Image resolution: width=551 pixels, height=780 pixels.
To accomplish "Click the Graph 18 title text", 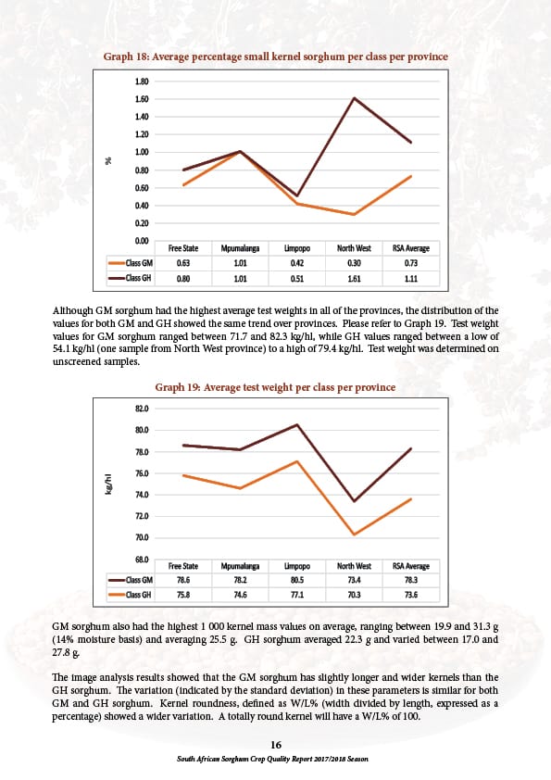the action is coord(276,57).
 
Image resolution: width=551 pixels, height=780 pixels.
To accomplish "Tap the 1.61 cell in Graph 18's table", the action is coord(354,279).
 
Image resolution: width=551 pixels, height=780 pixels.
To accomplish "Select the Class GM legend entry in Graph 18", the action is coord(131,263).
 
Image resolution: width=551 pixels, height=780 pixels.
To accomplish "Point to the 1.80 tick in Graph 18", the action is coord(142,82).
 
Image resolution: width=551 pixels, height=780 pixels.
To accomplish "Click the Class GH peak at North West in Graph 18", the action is coord(354,98).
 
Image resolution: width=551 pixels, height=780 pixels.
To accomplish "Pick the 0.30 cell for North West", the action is coord(354,263).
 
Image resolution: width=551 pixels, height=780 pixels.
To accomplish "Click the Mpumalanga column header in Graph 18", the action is coord(240,248).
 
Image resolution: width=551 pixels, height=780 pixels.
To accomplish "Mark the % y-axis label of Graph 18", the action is coord(108,160).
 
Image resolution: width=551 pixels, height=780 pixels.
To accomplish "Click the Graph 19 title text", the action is coord(275,387).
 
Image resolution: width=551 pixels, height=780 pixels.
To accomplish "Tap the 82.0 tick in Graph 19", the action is coord(142,409).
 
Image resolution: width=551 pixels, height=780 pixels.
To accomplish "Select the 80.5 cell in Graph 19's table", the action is coord(297,580).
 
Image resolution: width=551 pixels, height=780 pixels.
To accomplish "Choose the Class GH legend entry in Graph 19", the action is coord(131,595).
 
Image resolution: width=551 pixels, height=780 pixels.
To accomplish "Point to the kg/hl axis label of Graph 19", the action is coord(108,484).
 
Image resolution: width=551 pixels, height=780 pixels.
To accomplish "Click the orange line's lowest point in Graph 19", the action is coord(354,535).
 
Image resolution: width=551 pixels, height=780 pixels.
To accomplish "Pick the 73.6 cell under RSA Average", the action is coord(411,595).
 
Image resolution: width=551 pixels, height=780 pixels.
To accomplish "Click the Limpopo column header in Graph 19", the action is coord(297,566).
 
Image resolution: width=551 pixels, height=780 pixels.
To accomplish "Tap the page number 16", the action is coord(276,745).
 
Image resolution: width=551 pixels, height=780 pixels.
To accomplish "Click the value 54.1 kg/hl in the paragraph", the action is coord(72,348).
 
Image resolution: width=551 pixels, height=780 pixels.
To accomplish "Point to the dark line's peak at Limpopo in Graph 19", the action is coord(297,424).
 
